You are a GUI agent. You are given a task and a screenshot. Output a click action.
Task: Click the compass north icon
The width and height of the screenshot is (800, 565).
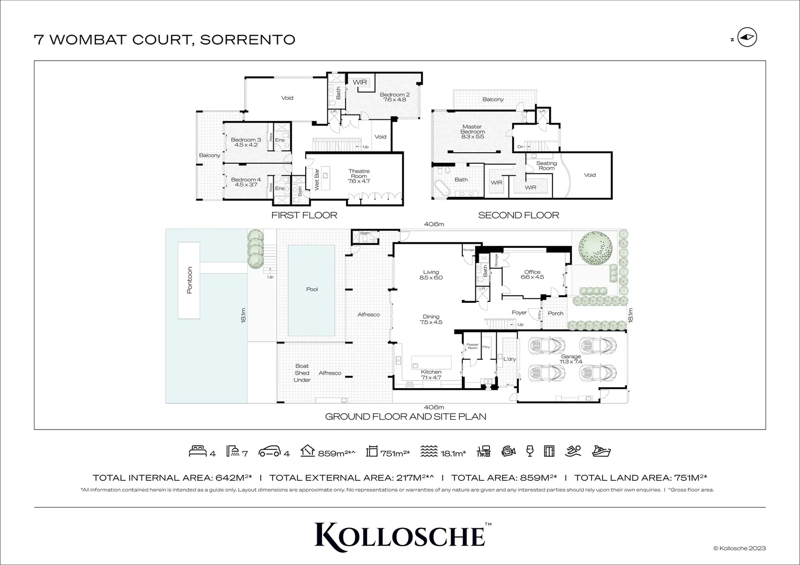point(747,38)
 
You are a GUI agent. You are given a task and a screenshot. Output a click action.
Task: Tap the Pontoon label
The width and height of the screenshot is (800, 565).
point(190,280)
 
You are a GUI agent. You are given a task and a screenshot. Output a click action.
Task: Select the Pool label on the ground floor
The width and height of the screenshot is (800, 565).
point(312,289)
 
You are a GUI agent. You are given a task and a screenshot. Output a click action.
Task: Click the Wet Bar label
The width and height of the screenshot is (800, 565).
point(316,179)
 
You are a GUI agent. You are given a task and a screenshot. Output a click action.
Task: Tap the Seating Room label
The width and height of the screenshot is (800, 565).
point(546,165)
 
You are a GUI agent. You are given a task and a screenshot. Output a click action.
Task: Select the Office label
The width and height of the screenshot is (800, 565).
point(532,275)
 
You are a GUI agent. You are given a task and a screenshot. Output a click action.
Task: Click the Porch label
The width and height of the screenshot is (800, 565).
point(555,313)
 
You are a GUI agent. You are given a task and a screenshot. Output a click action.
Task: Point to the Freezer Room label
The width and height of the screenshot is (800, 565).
point(472,346)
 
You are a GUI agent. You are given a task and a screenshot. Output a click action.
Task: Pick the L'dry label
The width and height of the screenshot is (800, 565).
point(509,359)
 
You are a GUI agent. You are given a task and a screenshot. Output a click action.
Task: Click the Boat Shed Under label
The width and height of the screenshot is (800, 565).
point(302,373)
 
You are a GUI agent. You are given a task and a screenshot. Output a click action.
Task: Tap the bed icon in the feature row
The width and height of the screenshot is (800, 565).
point(197,451)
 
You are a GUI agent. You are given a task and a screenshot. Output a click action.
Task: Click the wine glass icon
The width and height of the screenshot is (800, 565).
point(529,451)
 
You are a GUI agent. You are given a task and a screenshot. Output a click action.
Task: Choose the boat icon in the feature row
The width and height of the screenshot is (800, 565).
point(601,451)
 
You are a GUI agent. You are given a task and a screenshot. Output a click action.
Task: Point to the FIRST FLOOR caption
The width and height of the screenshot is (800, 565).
point(304,215)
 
